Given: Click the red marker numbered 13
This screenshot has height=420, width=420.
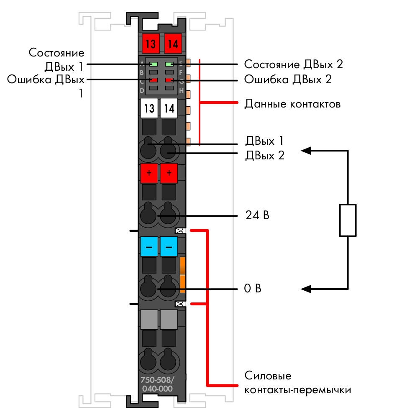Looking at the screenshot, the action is pyautogui.click(x=151, y=44).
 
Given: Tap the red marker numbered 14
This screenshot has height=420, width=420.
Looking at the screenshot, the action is pyautogui.click(x=173, y=44).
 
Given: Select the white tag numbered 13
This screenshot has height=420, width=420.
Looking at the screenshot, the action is pyautogui.click(x=149, y=108).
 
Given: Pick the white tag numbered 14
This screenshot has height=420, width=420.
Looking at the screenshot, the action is pyautogui.click(x=169, y=108).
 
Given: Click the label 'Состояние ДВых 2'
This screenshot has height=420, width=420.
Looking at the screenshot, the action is pyautogui.click(x=293, y=64).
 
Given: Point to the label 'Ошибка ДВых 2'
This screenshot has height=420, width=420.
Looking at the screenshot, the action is pyautogui.click(x=288, y=79).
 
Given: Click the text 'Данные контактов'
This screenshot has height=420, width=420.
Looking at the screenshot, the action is pyautogui.click(x=292, y=104).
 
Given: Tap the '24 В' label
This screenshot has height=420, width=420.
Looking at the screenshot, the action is pyautogui.click(x=257, y=215).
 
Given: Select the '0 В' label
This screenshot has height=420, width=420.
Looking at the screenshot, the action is pyautogui.click(x=253, y=289).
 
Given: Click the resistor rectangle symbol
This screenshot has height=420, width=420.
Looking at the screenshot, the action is pyautogui.click(x=348, y=220).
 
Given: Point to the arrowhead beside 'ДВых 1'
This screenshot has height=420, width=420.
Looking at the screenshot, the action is pyautogui.click(x=306, y=151).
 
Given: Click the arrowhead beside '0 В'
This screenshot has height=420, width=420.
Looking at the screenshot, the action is pyautogui.click(x=306, y=289).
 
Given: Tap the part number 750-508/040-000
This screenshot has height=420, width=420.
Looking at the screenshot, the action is pyautogui.click(x=157, y=384).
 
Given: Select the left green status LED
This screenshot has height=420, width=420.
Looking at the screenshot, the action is pyautogui.click(x=154, y=64).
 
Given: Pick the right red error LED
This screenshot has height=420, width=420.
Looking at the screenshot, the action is pyautogui.click(x=169, y=80).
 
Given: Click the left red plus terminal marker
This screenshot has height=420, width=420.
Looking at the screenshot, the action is pyautogui.click(x=149, y=173).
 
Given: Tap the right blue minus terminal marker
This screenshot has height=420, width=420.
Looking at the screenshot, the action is pyautogui.click(x=169, y=246).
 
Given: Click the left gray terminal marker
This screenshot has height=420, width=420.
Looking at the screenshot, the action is pyautogui.click(x=149, y=319).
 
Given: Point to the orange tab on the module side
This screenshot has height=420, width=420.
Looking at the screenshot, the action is pyautogui.click(x=183, y=275).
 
